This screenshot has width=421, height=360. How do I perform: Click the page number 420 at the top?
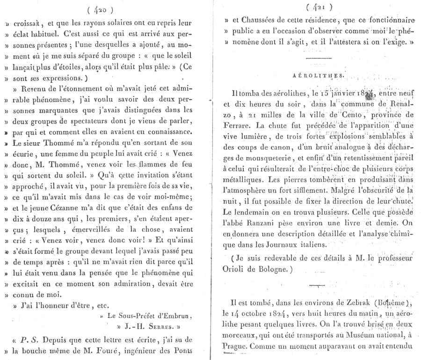tap(101, 8)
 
